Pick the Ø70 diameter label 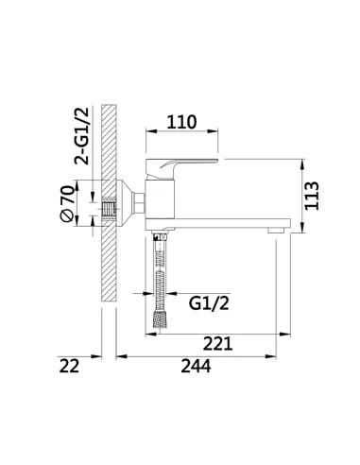click(65, 203)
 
